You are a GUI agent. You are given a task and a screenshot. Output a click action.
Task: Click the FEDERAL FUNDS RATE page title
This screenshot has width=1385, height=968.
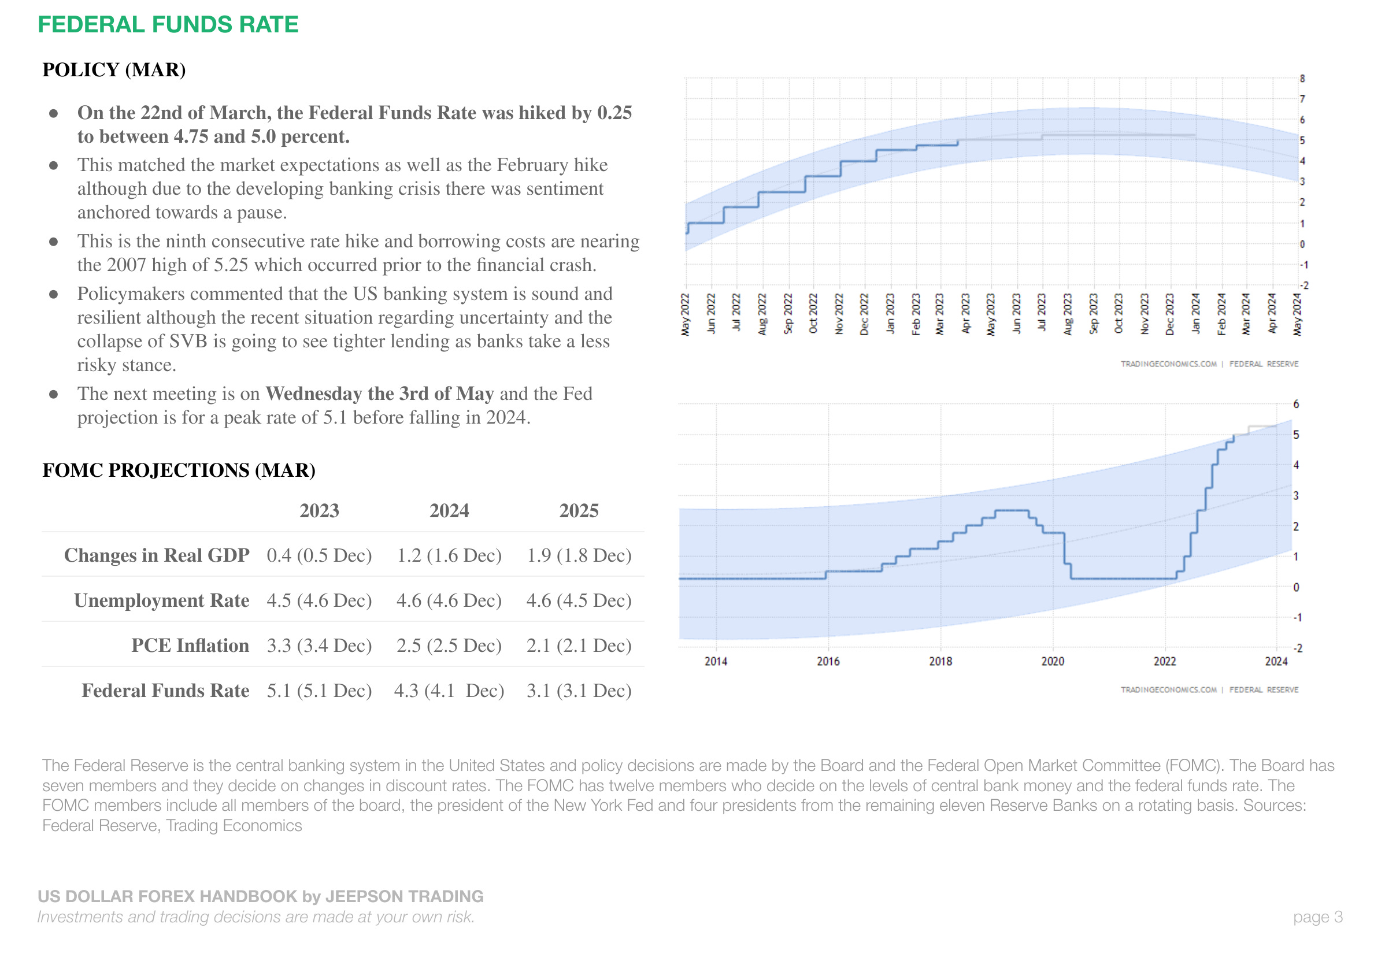click(x=168, y=25)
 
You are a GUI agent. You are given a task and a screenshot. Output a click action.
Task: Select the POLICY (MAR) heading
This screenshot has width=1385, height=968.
click(x=114, y=70)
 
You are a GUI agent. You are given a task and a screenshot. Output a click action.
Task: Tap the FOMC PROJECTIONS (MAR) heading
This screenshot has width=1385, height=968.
click(x=179, y=470)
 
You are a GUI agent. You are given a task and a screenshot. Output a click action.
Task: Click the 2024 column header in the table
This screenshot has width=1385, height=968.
click(x=449, y=511)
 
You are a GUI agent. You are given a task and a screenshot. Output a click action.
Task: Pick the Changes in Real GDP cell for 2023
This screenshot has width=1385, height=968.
click(x=319, y=555)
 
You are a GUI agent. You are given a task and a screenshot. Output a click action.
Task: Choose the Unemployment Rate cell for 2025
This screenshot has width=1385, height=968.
click(x=579, y=600)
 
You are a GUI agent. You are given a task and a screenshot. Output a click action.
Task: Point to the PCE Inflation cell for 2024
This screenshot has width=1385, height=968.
click(x=449, y=646)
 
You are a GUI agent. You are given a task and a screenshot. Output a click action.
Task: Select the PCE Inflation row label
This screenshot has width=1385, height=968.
click(x=190, y=646)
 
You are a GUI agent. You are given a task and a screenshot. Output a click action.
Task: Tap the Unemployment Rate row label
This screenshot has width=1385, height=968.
click(x=162, y=600)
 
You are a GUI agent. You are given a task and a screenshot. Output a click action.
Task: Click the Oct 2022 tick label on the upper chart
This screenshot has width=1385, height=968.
click(x=813, y=314)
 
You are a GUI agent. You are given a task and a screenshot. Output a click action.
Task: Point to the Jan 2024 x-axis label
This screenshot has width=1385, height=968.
click(x=1195, y=314)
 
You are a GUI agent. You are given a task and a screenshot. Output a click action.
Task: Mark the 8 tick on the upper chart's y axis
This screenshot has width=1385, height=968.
click(x=1302, y=79)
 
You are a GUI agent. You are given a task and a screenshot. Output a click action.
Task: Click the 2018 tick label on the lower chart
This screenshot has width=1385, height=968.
click(x=940, y=661)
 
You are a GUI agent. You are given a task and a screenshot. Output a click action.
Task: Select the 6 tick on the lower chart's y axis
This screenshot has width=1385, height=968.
click(x=1296, y=404)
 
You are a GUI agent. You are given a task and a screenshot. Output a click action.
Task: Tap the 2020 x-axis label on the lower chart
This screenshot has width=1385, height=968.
click(x=1053, y=661)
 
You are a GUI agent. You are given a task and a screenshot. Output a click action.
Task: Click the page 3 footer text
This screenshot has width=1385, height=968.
click(x=1317, y=917)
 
